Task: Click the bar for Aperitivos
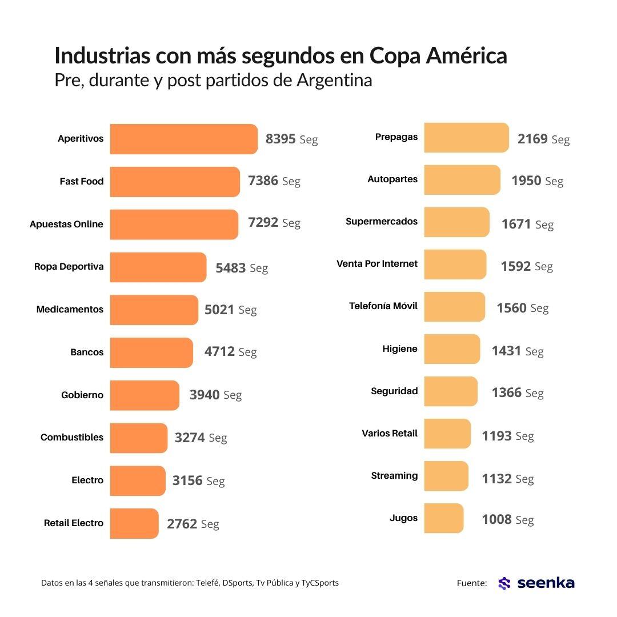click(x=183, y=139)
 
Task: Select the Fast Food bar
click(x=175, y=182)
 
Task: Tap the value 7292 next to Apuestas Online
click(x=263, y=223)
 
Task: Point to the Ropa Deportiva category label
click(x=69, y=267)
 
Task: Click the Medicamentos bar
click(x=154, y=310)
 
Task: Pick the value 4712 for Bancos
click(x=219, y=352)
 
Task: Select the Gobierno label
click(x=82, y=395)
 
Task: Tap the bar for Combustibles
click(x=138, y=438)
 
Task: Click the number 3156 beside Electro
click(x=187, y=480)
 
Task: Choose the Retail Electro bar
click(x=134, y=523)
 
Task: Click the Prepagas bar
click(x=466, y=138)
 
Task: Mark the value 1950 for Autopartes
click(x=526, y=181)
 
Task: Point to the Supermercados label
click(x=382, y=222)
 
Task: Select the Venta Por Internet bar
click(x=455, y=265)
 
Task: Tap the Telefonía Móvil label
click(x=383, y=306)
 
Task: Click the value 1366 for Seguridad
click(x=506, y=393)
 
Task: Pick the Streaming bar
click(x=446, y=476)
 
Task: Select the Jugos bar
click(x=443, y=518)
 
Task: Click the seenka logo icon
click(x=504, y=583)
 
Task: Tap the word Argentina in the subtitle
click(x=334, y=80)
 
